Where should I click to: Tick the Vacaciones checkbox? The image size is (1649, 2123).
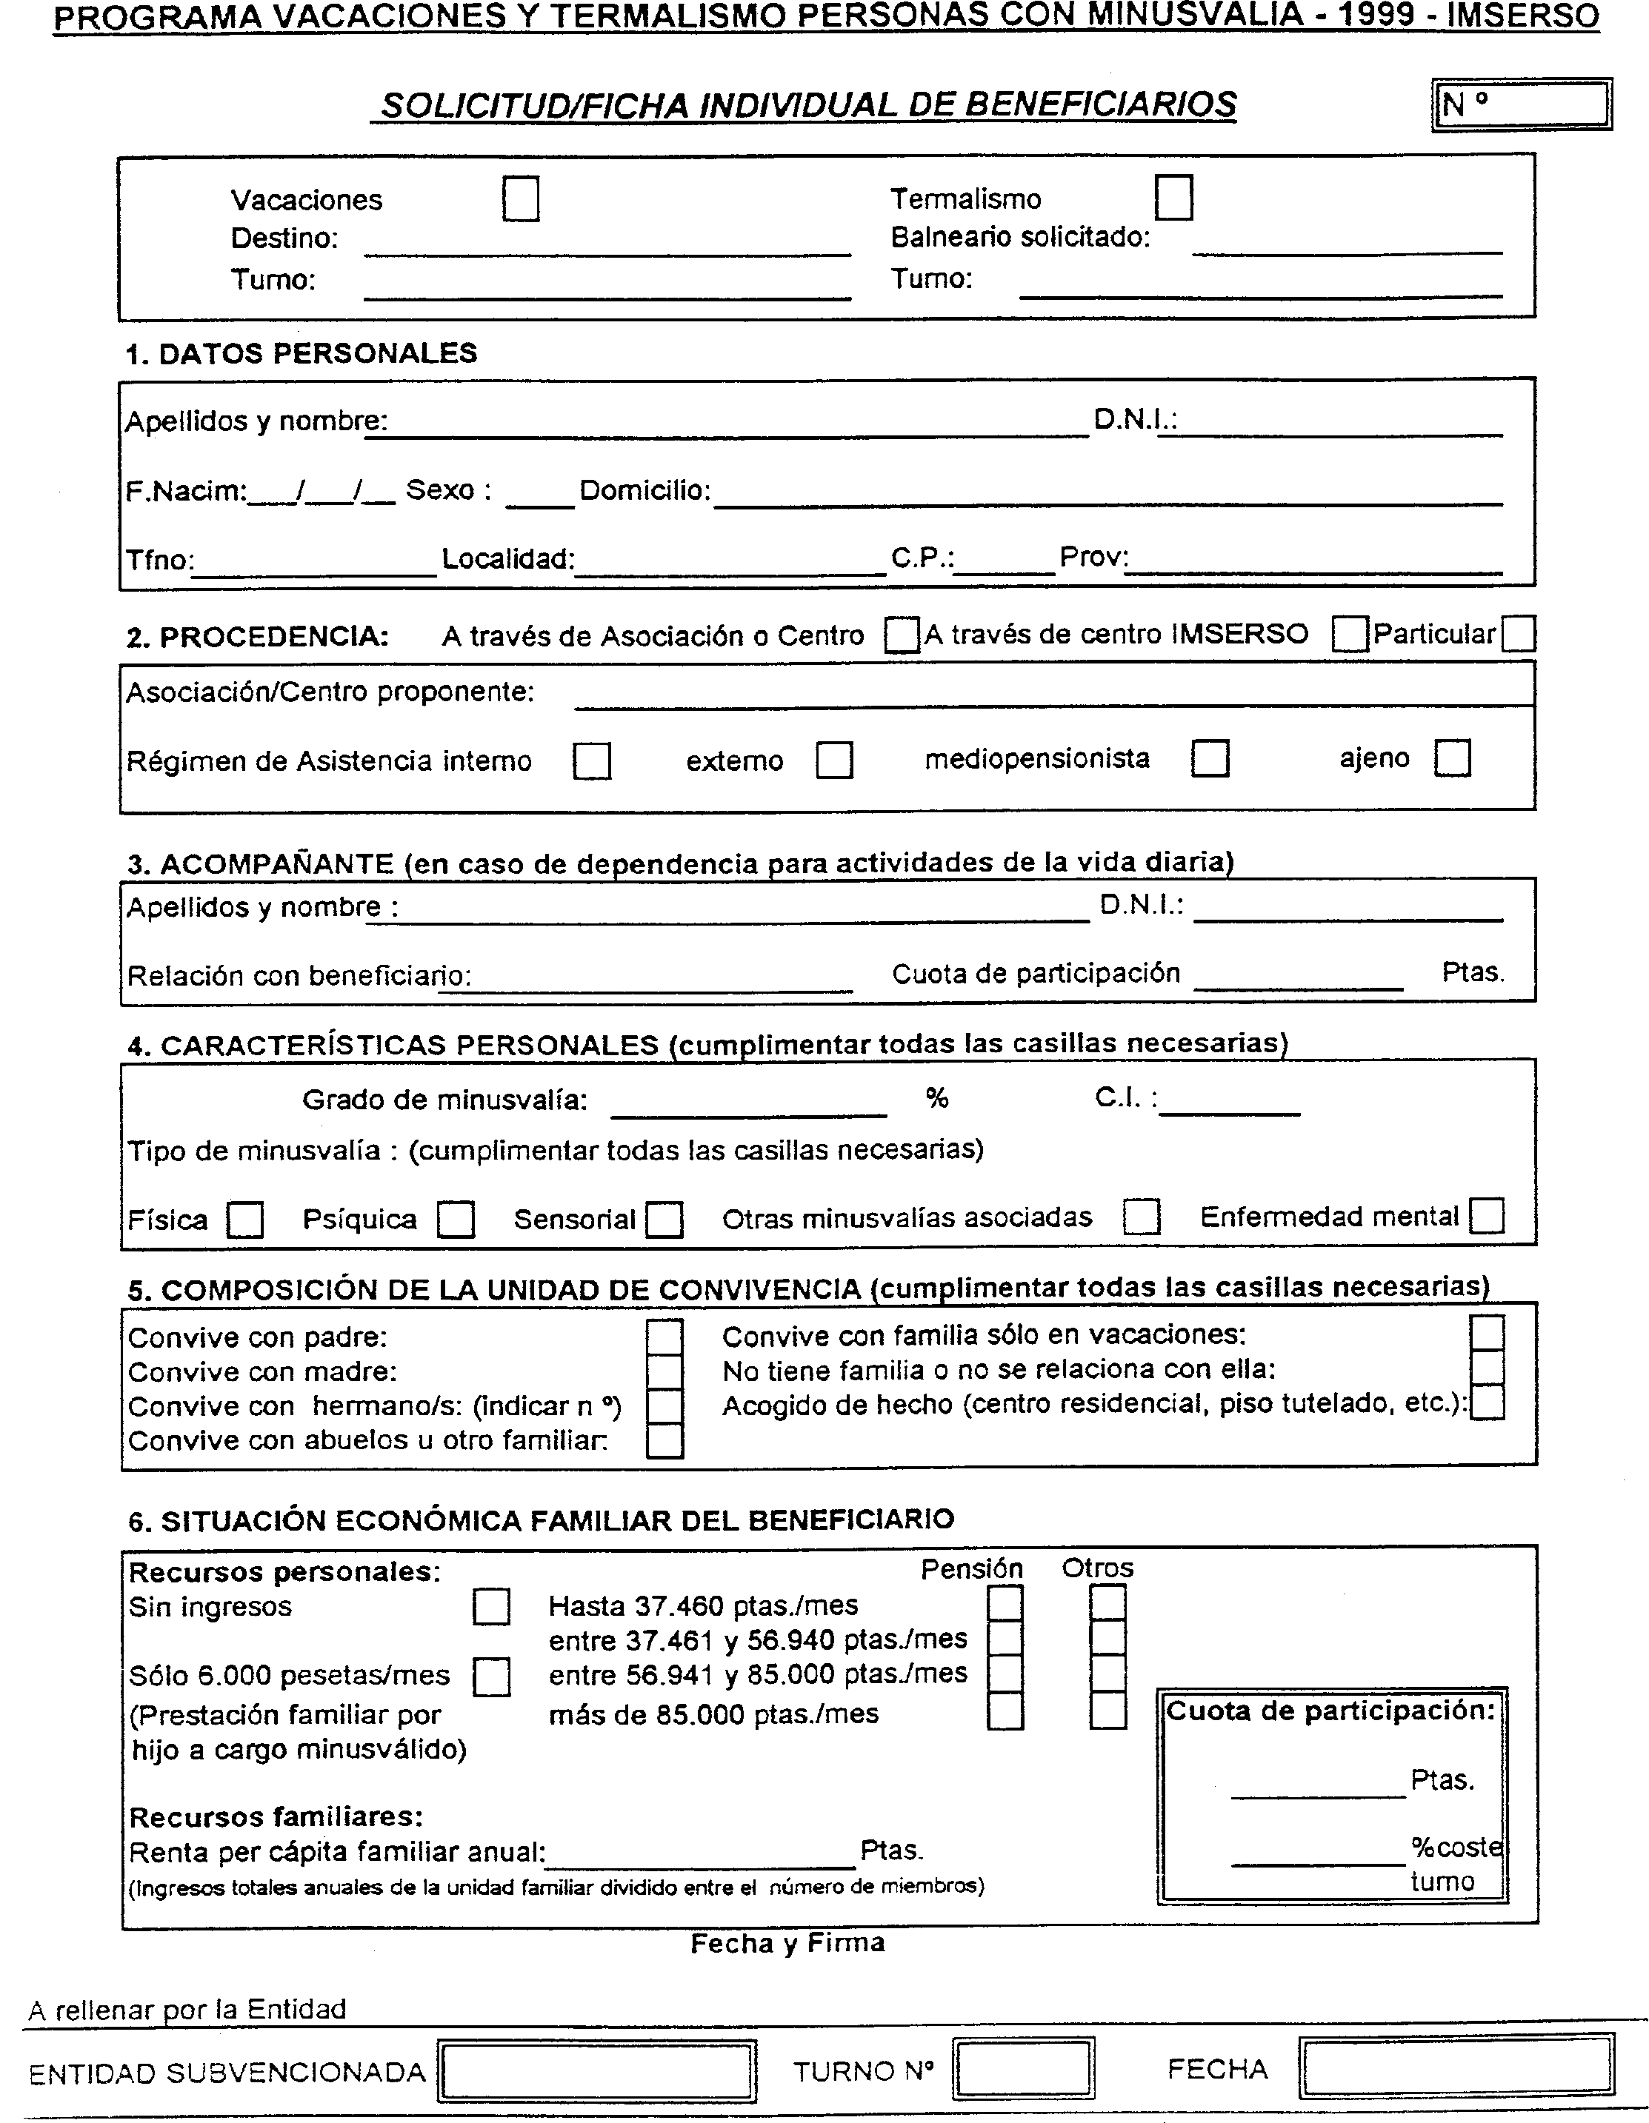[522, 199]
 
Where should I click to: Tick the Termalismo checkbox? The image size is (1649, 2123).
[1173, 197]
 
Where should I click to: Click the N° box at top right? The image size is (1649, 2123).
[1522, 104]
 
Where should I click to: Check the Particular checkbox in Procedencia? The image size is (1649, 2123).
[1518, 635]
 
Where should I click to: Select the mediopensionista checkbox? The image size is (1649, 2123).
[1210, 758]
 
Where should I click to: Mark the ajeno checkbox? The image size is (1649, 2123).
[1453, 758]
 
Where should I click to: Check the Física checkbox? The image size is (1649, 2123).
[245, 1220]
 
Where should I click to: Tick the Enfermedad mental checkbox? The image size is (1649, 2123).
[1487, 1216]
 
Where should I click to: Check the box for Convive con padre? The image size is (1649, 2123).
[665, 1337]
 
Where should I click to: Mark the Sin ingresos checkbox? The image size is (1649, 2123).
[491, 1607]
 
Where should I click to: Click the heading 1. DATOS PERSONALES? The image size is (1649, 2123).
[302, 353]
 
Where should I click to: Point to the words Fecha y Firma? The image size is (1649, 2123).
[787, 1943]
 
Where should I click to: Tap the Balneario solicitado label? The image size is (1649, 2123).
[1020, 237]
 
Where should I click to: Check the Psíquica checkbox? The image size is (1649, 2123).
[455, 1220]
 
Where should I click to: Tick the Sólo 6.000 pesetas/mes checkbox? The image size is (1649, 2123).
[491, 1676]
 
